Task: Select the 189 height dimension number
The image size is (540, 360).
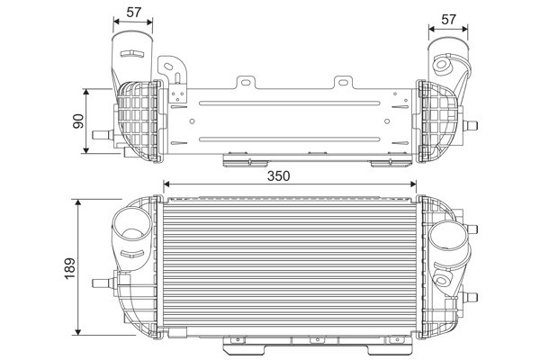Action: tap(71, 266)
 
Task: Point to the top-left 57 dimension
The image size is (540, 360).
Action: tap(132, 12)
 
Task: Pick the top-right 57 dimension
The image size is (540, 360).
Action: tap(448, 20)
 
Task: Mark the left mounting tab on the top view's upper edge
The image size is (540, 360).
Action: tap(243, 84)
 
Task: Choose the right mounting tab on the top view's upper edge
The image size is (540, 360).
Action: tap(342, 84)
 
